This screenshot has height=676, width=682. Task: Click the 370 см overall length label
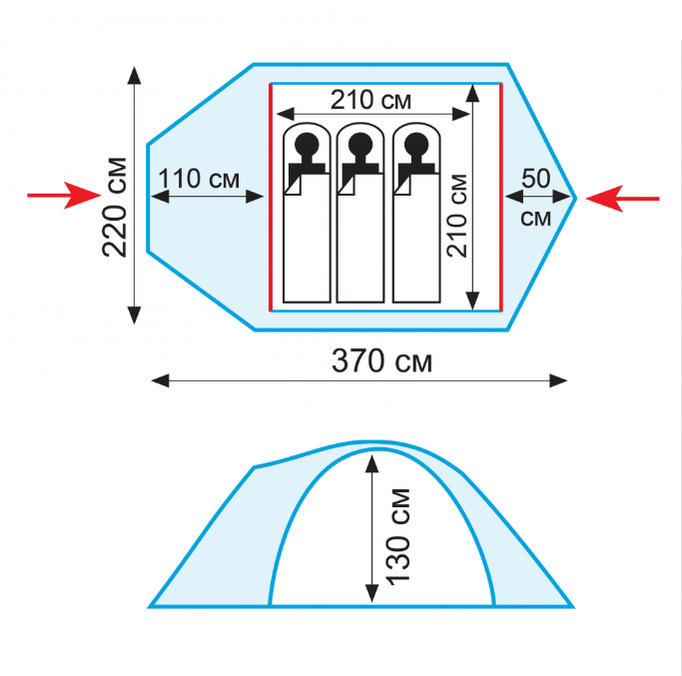coord(381,361)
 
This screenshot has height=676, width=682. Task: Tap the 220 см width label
coord(115,207)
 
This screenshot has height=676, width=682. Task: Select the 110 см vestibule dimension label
coord(199,179)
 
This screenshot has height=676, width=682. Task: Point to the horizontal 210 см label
coord(370,100)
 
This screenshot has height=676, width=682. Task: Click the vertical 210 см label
coord(457,216)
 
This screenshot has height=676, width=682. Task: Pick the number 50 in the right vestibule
coord(536,178)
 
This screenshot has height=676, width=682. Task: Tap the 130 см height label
coord(398,537)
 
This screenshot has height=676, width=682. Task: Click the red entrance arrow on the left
coord(64,196)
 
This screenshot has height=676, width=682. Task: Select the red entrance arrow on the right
coord(622,199)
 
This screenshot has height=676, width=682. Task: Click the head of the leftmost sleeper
coord(307,144)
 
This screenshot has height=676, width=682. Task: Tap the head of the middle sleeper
coord(360,144)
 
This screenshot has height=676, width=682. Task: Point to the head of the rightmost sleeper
coord(416,144)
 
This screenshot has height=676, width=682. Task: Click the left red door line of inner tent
coord(271,197)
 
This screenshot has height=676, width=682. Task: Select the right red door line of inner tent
coord(501,197)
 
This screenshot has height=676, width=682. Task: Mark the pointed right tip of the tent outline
coord(576,199)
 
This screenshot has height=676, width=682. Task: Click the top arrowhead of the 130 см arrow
coord(371,463)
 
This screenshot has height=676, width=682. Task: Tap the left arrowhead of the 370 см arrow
coord(160,380)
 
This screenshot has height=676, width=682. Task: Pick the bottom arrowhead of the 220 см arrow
coord(135,315)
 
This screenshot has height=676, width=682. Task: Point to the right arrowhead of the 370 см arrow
coord(558,380)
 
